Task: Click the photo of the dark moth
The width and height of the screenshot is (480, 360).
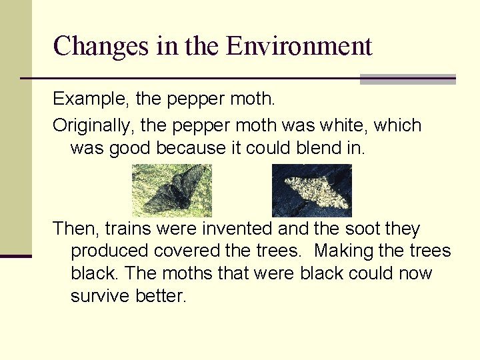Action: pyautogui.click(x=171, y=190)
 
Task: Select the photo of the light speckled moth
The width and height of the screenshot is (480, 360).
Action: pyautogui.click(x=311, y=190)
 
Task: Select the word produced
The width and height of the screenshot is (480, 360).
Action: pyautogui.click(x=109, y=251)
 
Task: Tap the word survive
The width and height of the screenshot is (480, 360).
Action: pyautogui.click(x=100, y=296)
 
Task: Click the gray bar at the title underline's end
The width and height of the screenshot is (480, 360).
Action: pyautogui.click(x=407, y=79)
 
